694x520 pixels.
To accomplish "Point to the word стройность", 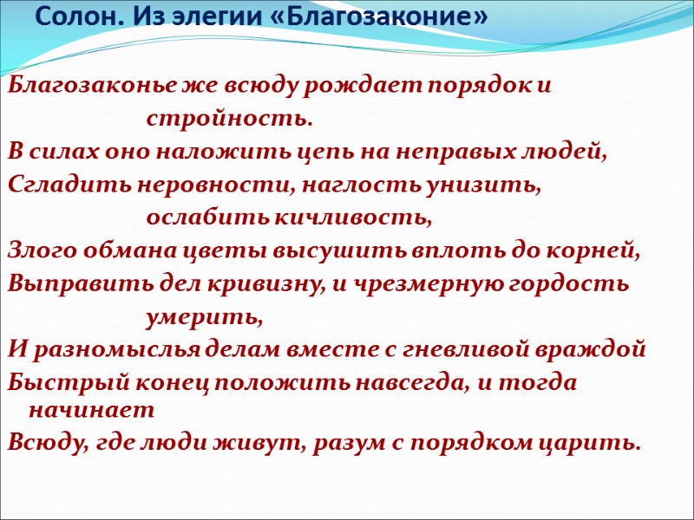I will (228, 118).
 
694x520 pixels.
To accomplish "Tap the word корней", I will (599, 251).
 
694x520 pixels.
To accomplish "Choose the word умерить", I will (204, 317).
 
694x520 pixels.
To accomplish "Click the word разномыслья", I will (102, 350).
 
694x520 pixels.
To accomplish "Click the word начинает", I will (91, 407).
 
